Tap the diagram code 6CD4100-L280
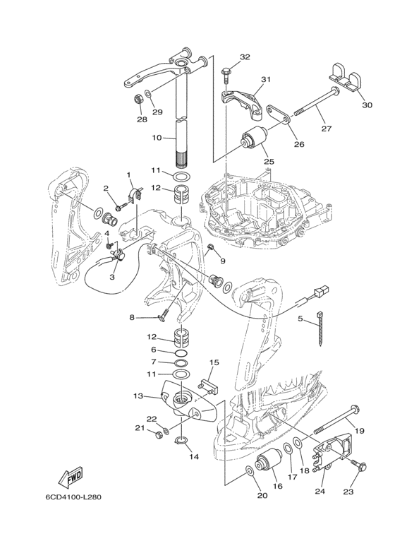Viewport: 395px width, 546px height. (x=73, y=497)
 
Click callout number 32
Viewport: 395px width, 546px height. (x=245, y=57)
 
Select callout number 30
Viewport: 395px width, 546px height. (x=367, y=105)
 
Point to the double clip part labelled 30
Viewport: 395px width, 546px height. (x=345, y=80)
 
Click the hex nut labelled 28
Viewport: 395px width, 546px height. (x=138, y=100)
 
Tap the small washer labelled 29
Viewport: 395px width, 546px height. (x=148, y=94)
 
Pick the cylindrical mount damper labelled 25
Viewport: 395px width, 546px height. (x=255, y=140)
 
